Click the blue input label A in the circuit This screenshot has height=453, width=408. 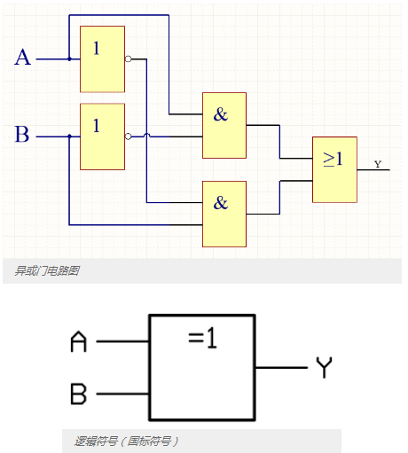(23, 58)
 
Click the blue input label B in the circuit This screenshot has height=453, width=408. (22, 134)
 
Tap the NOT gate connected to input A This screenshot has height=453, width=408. (102, 59)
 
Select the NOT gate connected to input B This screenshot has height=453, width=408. (102, 137)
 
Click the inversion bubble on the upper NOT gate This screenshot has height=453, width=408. (128, 59)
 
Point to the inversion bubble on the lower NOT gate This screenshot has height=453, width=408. (128, 137)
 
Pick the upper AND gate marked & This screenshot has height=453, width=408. (224, 125)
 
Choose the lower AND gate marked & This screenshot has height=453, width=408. (224, 214)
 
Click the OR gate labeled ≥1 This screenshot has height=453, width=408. (334, 169)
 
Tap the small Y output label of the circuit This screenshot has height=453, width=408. (378, 164)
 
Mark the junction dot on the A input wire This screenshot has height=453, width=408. (69, 59)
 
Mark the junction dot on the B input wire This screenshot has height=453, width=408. (69, 137)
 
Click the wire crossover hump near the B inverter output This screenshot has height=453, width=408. (146, 136)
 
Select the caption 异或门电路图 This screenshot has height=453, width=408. (47, 270)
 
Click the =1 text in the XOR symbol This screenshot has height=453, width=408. (202, 339)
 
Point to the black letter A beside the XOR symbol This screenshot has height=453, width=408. (79, 341)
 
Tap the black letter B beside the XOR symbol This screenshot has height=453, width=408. (78, 394)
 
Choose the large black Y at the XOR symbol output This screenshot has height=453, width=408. (325, 368)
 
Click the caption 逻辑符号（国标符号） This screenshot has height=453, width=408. (126, 441)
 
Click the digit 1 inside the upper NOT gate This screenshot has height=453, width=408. (97, 49)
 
